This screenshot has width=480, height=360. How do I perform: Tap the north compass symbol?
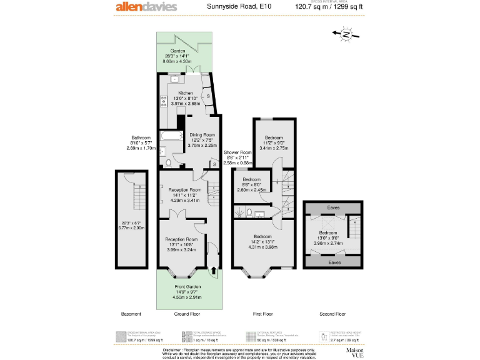tap(346, 35)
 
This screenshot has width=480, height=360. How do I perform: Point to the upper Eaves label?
tap(334, 207)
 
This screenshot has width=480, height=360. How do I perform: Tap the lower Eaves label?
tap(334, 262)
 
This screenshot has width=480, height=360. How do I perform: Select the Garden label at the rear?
tap(178, 51)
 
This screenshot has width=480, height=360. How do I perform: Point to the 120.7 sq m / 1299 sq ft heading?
tap(329, 7)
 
